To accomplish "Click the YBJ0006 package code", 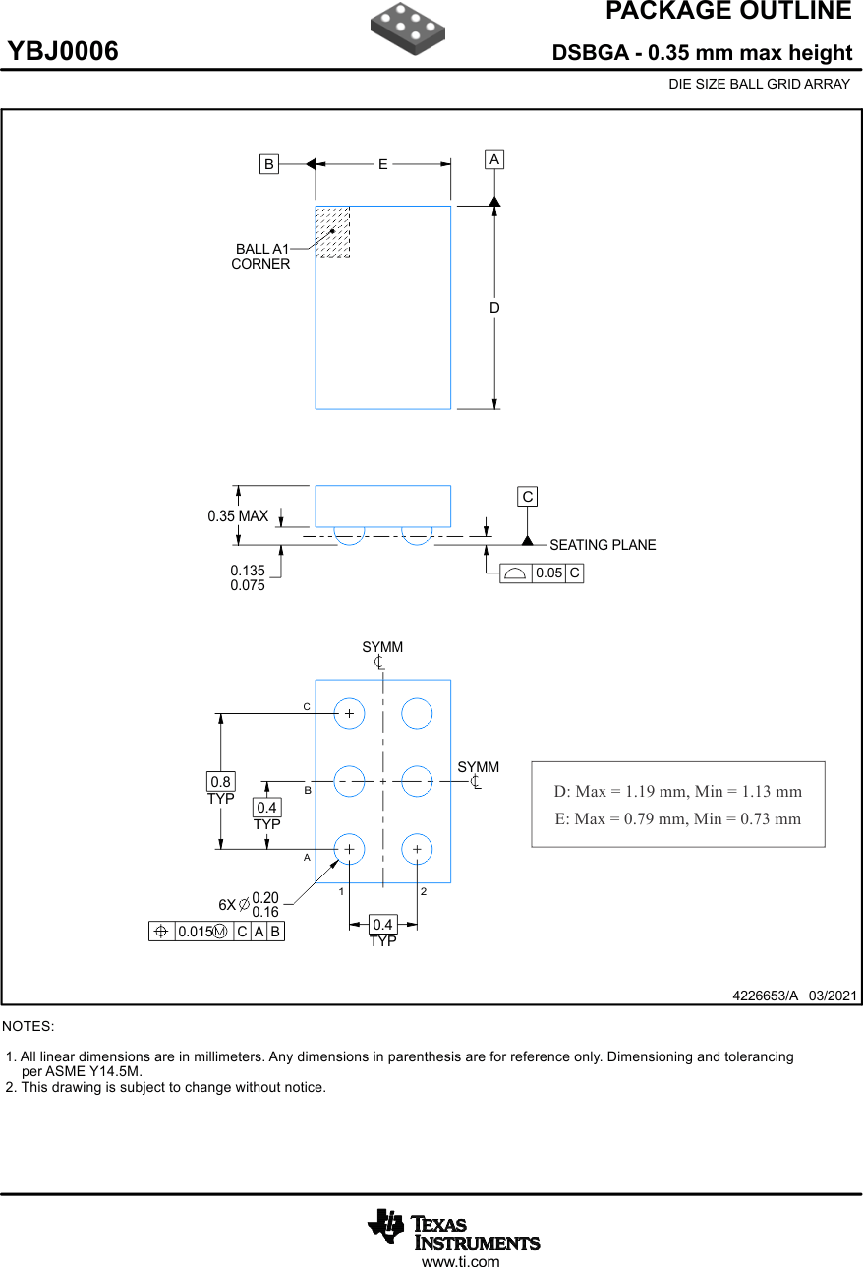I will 64,51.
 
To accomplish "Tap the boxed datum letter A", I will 494,159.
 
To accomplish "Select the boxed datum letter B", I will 268,164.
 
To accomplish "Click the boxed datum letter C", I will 528,497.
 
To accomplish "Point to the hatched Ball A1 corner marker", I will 332,232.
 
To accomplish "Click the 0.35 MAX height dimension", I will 238,516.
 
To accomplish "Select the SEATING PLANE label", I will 603,545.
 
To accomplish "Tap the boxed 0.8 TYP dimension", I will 220,782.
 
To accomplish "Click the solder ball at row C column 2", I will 417,713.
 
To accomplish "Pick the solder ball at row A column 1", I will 349,849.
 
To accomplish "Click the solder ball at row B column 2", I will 417,781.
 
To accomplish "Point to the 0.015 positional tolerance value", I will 195,932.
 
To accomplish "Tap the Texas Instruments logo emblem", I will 385,1226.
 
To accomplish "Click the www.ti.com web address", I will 460,1260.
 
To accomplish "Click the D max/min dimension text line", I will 677,792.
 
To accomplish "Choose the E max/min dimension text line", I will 677,818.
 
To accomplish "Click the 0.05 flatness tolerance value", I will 549,573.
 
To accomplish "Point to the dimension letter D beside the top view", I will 494,308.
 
